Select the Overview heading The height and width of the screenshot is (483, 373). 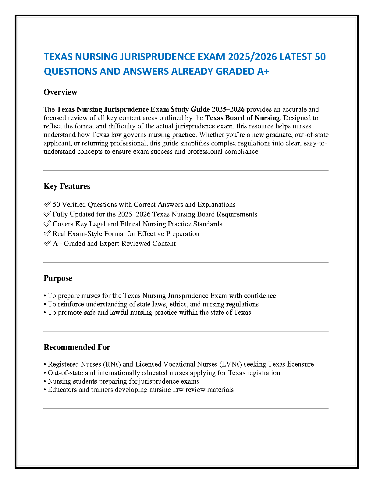[60, 92]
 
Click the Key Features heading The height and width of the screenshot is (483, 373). [67, 186]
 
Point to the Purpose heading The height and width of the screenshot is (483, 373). [58, 278]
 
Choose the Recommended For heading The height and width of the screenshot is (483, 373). [77, 347]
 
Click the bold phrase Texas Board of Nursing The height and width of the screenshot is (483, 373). [243, 118]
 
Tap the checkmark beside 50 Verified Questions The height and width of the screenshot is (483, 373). [47, 204]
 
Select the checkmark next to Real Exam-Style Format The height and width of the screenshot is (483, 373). [47, 234]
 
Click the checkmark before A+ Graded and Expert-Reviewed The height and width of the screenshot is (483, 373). [47, 243]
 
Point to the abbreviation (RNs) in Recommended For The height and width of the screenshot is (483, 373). [112, 364]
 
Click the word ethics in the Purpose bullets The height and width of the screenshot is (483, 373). [178, 304]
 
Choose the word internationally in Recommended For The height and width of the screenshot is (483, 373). [120, 373]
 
